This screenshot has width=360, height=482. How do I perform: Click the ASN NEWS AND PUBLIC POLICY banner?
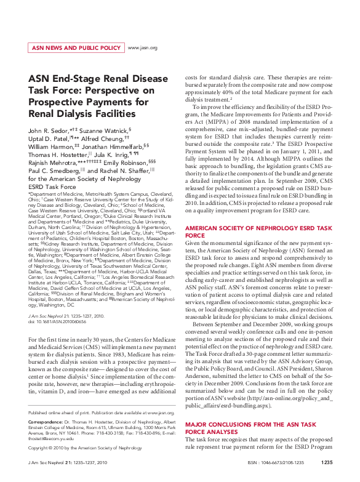76,47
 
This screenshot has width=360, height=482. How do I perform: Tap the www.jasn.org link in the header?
142,47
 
